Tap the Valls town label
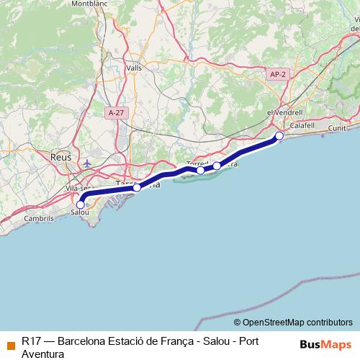pyautogui.click(x=134, y=68)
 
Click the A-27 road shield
pyautogui.click(x=114, y=112)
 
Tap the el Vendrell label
pyautogui.click(x=282, y=113)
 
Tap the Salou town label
pyautogui.click(x=81, y=213)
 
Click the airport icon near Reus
pyautogui.click(x=87, y=163)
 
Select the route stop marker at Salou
pyautogui.click(x=80, y=204)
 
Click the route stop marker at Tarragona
pyautogui.click(x=137, y=187)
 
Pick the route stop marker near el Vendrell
pyautogui.click(x=279, y=135)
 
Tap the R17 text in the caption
pyautogui.click(x=31, y=341)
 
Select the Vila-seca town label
pyautogui.click(x=77, y=188)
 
